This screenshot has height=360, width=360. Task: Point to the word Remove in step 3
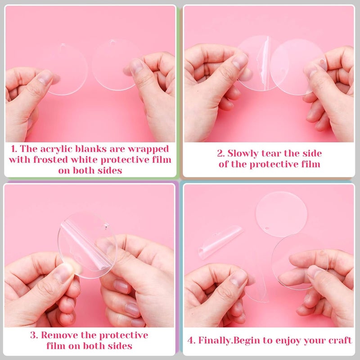tap(58, 335)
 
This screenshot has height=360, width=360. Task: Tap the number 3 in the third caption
tap(32, 335)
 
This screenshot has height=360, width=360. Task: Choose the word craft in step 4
tap(338, 341)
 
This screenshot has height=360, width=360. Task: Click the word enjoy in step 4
tap(288, 341)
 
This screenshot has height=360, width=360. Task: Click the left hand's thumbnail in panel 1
tap(45, 77)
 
